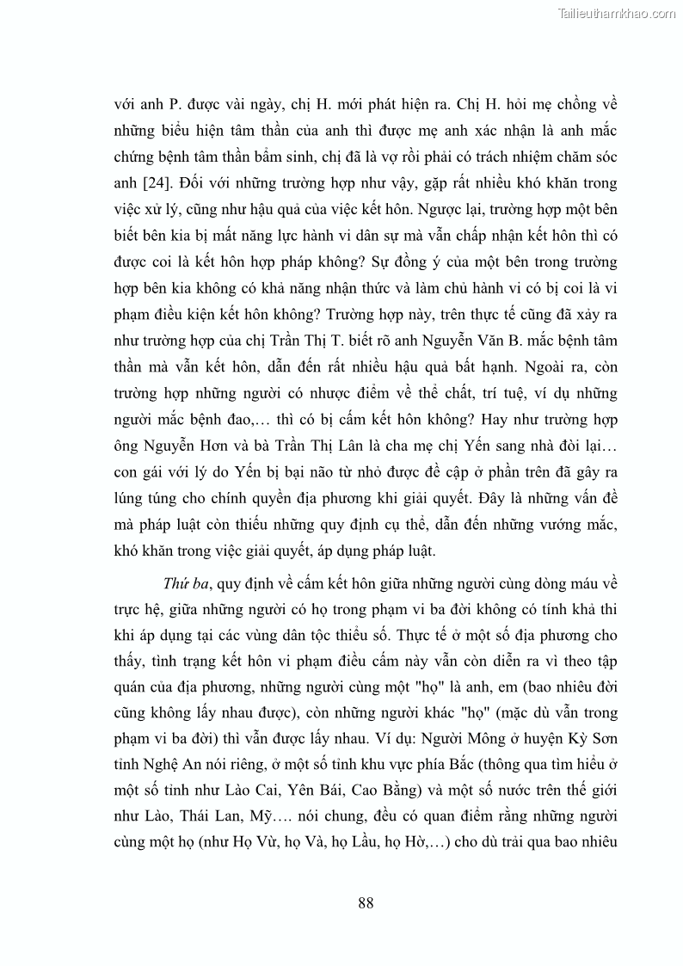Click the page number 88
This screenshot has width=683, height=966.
click(x=365, y=902)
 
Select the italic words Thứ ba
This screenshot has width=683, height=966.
click(x=188, y=586)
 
